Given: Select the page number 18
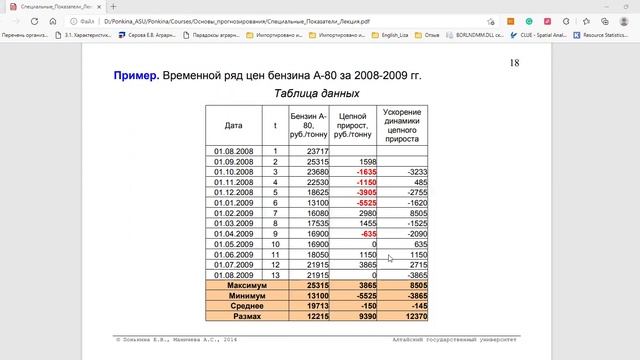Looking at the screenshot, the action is [514, 64].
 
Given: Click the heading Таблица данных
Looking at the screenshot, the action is [316, 94].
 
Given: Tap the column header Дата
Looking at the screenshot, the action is [234, 126].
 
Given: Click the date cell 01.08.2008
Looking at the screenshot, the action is [233, 151].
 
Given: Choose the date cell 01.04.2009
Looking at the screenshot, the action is [233, 233].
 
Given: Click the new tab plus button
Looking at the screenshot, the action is [113, 6].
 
